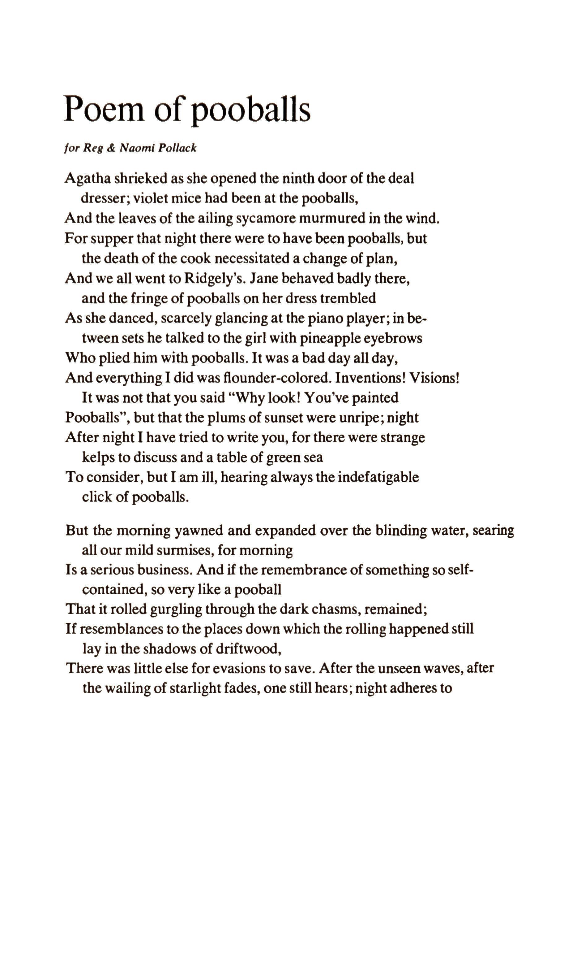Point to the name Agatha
87,179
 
